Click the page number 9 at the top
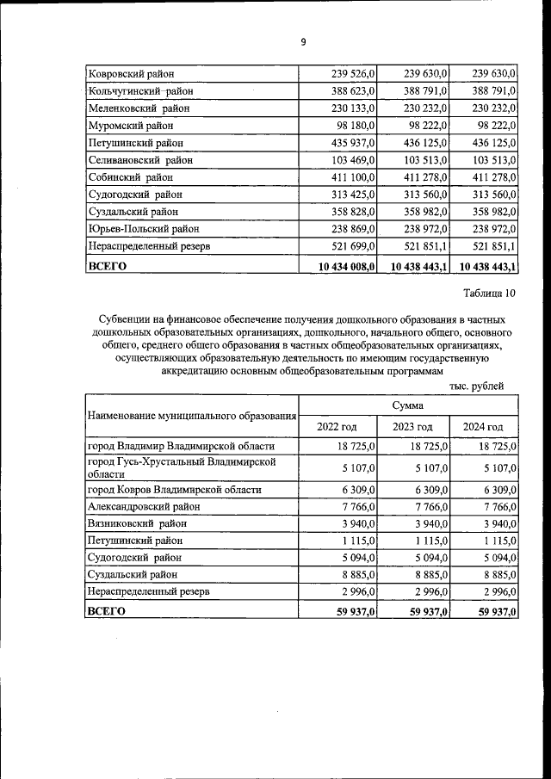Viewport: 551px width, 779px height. [303, 42]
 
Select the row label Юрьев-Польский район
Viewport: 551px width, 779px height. [143, 230]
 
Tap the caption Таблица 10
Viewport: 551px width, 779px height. [489, 294]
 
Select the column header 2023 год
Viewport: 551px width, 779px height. [411, 426]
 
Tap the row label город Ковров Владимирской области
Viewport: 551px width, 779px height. [175, 489]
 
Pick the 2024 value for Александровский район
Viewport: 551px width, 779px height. [496, 506]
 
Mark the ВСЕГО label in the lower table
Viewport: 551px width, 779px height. [107, 611]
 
